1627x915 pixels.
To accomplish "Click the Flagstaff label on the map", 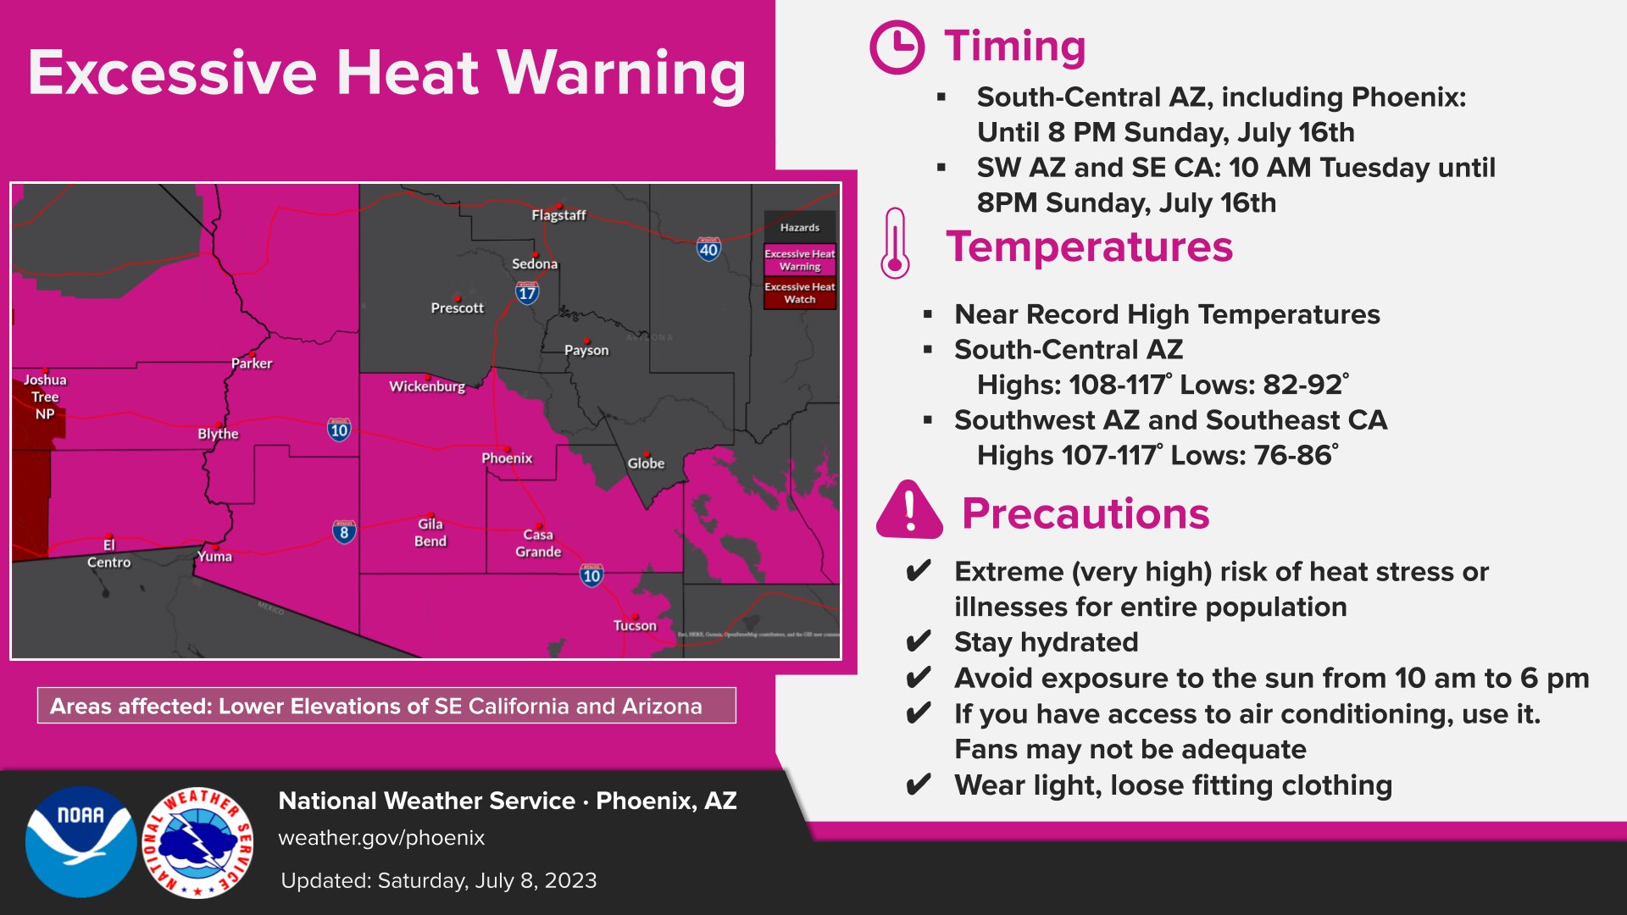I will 558,215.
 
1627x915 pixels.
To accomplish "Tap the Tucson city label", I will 635,625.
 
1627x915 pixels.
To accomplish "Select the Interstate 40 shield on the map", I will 708,249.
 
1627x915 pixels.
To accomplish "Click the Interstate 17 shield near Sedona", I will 527,293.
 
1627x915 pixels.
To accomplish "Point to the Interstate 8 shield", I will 343,532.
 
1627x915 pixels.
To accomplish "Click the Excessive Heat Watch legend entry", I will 799,293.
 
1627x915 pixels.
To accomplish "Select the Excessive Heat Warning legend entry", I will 799,260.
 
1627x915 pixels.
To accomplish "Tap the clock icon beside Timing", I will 897,47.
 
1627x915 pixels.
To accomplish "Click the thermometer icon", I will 895,244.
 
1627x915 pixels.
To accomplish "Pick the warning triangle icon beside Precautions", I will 909,511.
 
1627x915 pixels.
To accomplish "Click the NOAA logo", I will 81,841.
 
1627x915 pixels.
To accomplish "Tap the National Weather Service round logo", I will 198,841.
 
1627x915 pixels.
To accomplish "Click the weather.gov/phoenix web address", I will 381,838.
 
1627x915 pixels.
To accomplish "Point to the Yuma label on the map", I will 214,557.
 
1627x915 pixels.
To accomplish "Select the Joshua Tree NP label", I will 45,396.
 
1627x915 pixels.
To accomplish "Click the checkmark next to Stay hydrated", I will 918,642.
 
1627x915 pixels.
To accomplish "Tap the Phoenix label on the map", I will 507,458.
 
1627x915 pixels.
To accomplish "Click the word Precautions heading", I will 1086,513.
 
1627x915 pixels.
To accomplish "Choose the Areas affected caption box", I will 386,706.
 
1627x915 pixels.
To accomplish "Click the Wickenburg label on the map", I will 427,386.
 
